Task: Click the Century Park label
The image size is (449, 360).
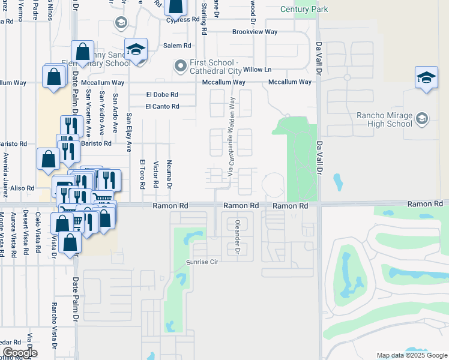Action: click(x=304, y=10)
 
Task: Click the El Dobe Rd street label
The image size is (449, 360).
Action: click(x=162, y=95)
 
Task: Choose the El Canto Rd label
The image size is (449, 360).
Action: click(x=162, y=107)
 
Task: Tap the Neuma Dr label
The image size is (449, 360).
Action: click(x=170, y=173)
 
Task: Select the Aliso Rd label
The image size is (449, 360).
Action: click(x=22, y=188)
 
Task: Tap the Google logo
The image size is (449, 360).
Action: click(x=19, y=353)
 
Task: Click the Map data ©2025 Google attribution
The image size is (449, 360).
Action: click(x=411, y=355)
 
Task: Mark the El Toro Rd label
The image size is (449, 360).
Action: click(x=143, y=173)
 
